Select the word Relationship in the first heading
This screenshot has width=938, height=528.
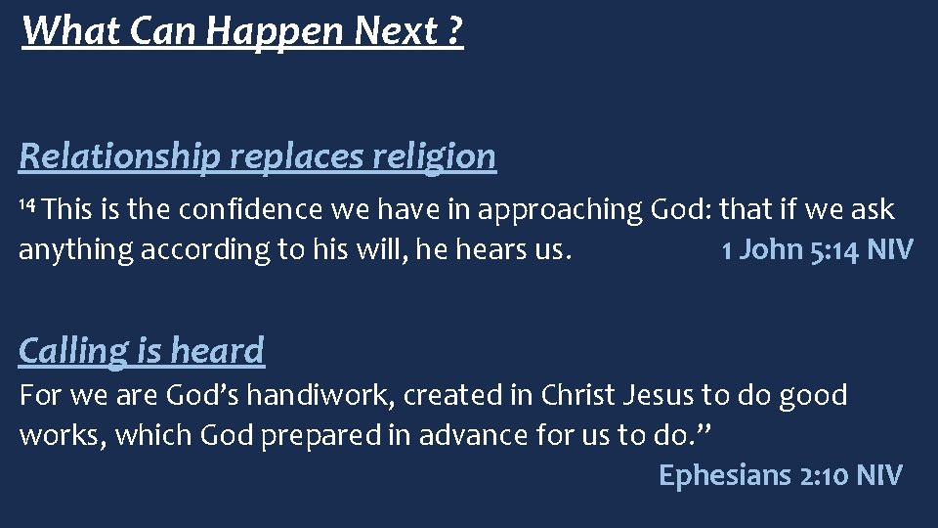119,155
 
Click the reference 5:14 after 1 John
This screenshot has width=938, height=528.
829,250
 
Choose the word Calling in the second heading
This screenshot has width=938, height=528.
72,350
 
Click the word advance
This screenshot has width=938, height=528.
469,435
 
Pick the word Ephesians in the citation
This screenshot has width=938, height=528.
725,476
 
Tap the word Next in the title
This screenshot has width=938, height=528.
396,31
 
